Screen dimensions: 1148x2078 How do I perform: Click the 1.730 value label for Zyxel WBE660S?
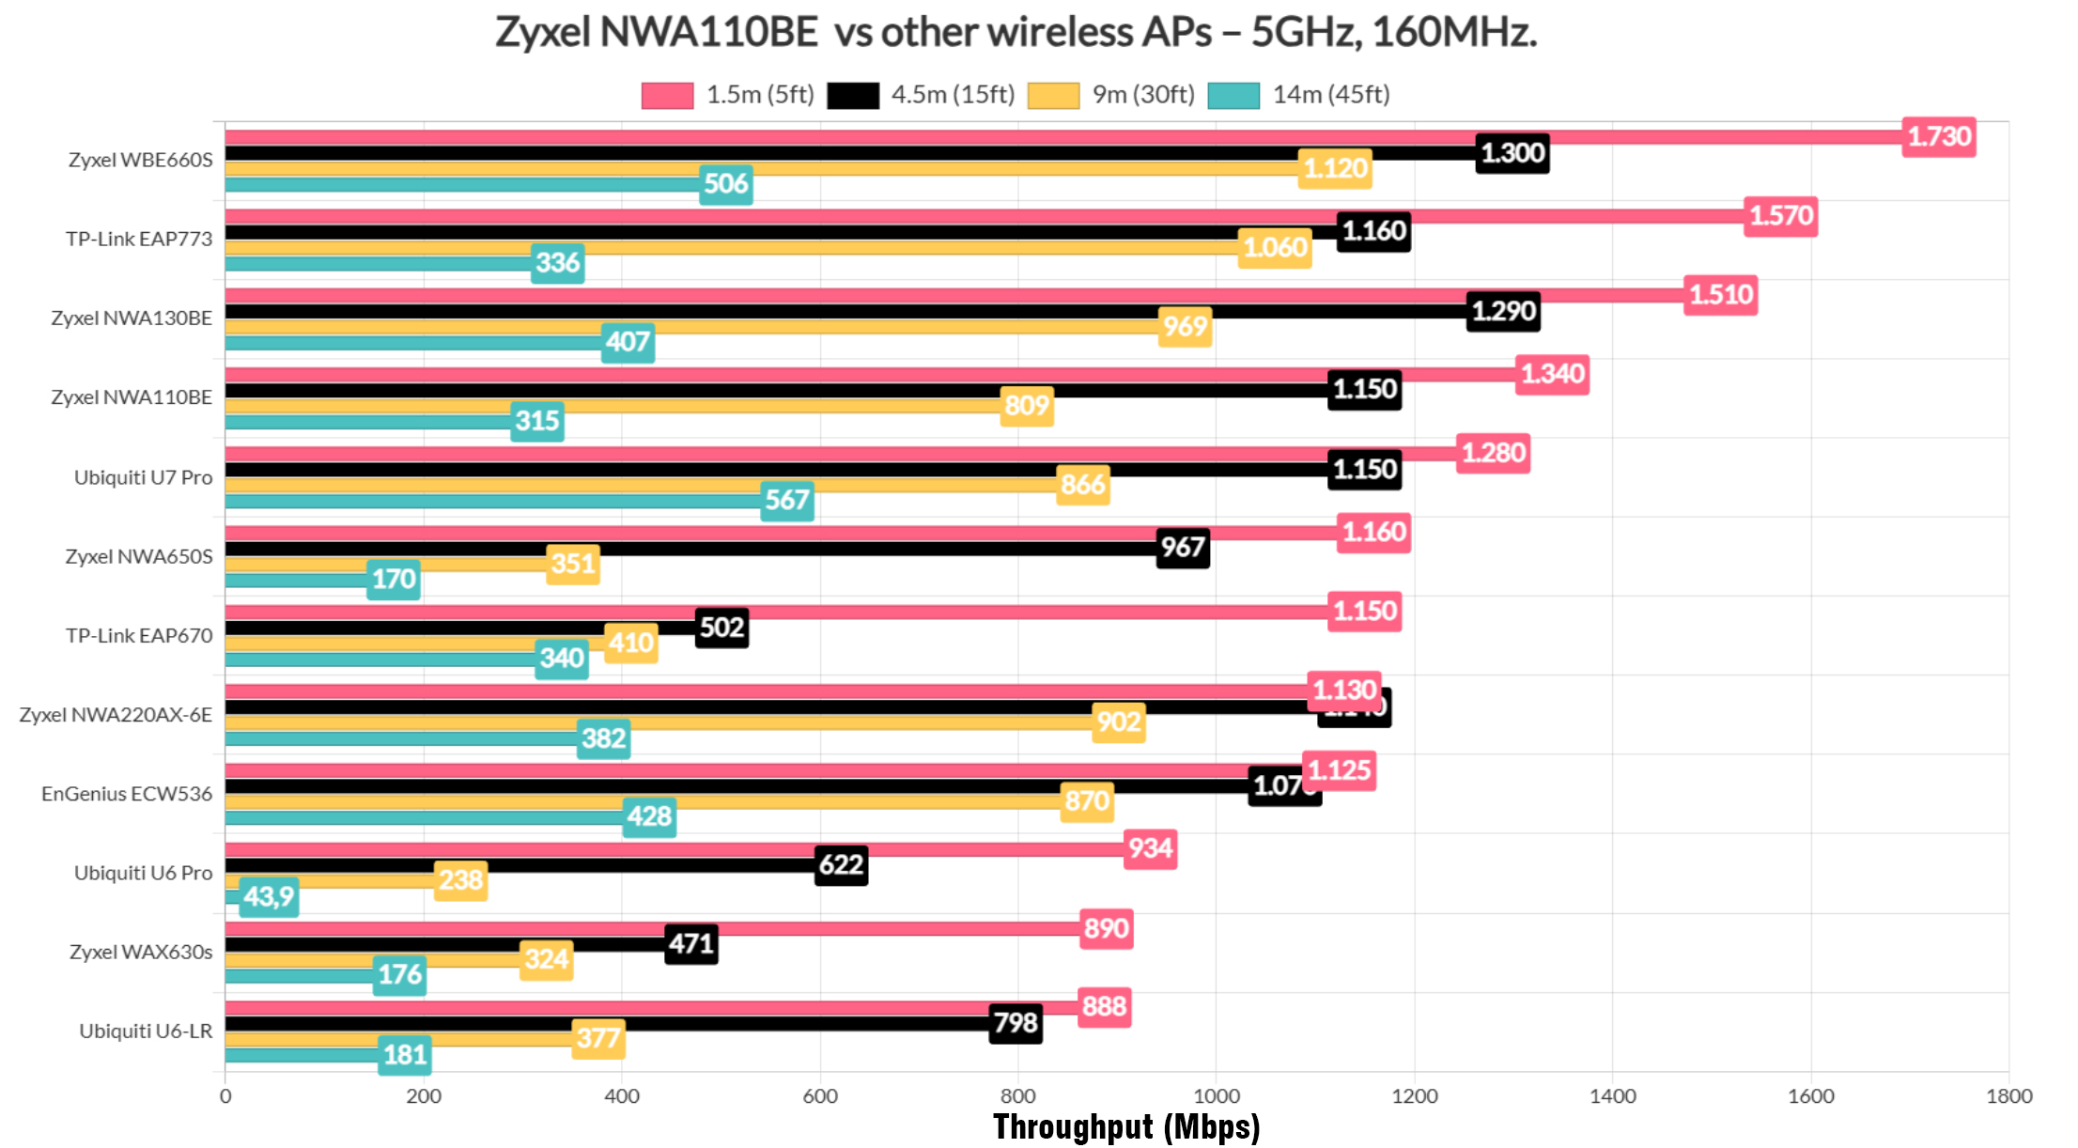pyautogui.click(x=1938, y=137)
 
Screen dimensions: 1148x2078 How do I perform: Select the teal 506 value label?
pyautogui.click(x=725, y=184)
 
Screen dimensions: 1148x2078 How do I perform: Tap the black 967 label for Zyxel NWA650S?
pyautogui.click(x=1182, y=548)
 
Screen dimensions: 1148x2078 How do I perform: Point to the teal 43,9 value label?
pyautogui.click(x=269, y=897)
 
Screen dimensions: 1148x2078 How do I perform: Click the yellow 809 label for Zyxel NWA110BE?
pyautogui.click(x=1026, y=406)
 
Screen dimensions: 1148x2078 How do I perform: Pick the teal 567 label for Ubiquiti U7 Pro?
pyautogui.click(x=786, y=500)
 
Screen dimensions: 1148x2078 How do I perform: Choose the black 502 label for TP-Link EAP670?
pyautogui.click(x=721, y=628)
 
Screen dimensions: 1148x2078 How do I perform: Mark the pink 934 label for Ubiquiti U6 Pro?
pyautogui.click(x=1150, y=849)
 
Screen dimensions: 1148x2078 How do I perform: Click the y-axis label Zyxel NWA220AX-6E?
pyautogui.click(x=116, y=715)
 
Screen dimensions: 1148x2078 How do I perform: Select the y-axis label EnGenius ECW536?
pyautogui.click(x=127, y=794)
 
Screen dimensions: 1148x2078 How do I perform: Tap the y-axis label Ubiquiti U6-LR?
pyautogui.click(x=146, y=1032)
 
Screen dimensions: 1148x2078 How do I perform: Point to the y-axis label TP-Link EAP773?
pyautogui.click(x=139, y=239)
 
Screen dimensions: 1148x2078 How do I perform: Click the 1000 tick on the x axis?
pyautogui.click(x=1216, y=1096)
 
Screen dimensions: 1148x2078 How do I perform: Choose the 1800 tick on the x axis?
pyautogui.click(x=2008, y=1096)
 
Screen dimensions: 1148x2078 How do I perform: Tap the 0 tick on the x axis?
pyautogui.click(x=225, y=1096)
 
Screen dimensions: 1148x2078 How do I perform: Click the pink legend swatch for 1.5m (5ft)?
pyautogui.click(x=667, y=96)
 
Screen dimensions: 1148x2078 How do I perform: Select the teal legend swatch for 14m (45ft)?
pyautogui.click(x=1233, y=96)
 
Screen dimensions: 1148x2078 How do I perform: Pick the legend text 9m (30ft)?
pyautogui.click(x=1143, y=95)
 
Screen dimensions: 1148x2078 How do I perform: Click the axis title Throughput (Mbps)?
pyautogui.click(x=1125, y=1126)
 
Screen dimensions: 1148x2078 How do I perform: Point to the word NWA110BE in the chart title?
pyautogui.click(x=708, y=32)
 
